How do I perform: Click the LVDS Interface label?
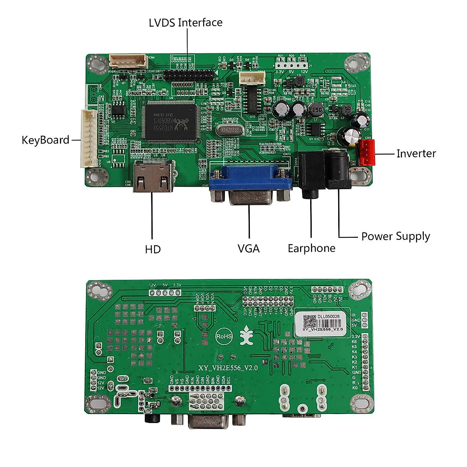pyautogui.click(x=186, y=23)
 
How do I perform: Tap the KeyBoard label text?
pyautogui.click(x=46, y=140)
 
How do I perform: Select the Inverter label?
pyautogui.click(x=416, y=154)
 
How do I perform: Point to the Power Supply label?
pyautogui.click(x=395, y=236)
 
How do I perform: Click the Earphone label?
pyautogui.click(x=311, y=248)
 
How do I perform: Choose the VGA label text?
pyautogui.click(x=249, y=248)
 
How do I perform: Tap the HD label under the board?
pyautogui.click(x=153, y=249)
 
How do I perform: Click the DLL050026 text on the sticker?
pyautogui.click(x=328, y=316)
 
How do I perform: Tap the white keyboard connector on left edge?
pyautogui.click(x=89, y=138)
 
